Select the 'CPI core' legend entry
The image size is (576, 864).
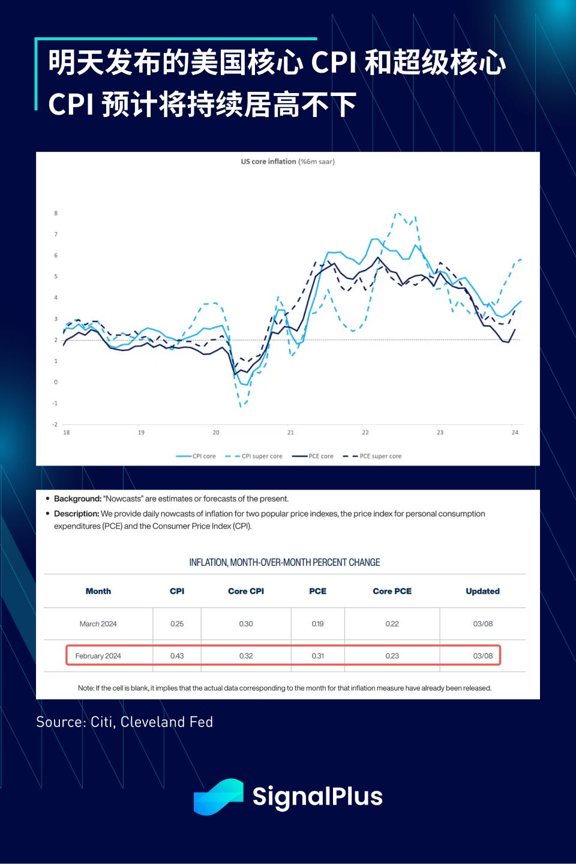pos(203,456)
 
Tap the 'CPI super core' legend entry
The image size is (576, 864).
pos(262,456)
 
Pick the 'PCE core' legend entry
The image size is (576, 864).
pos(320,456)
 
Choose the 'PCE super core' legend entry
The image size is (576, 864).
pos(380,456)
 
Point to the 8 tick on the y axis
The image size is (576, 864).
pos(56,213)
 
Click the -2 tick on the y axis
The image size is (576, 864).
pos(55,424)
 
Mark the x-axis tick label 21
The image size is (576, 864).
pos(290,432)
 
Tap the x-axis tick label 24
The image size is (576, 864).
pos(515,432)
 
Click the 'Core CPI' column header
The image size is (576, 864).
pos(246,591)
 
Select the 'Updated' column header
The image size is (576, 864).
pos(482,591)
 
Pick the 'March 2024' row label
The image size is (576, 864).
pos(98,624)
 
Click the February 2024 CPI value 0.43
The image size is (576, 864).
pos(177,656)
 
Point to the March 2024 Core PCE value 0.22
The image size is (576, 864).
pos(392,624)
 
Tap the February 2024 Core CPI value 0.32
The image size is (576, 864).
pos(246,656)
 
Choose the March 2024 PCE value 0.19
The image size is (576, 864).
pos(317,624)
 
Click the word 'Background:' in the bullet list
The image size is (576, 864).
pos(77,499)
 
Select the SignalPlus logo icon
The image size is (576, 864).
pos(218,797)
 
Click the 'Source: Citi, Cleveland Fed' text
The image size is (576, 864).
pos(124,722)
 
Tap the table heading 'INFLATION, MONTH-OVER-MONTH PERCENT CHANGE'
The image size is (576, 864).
pos(284,562)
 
